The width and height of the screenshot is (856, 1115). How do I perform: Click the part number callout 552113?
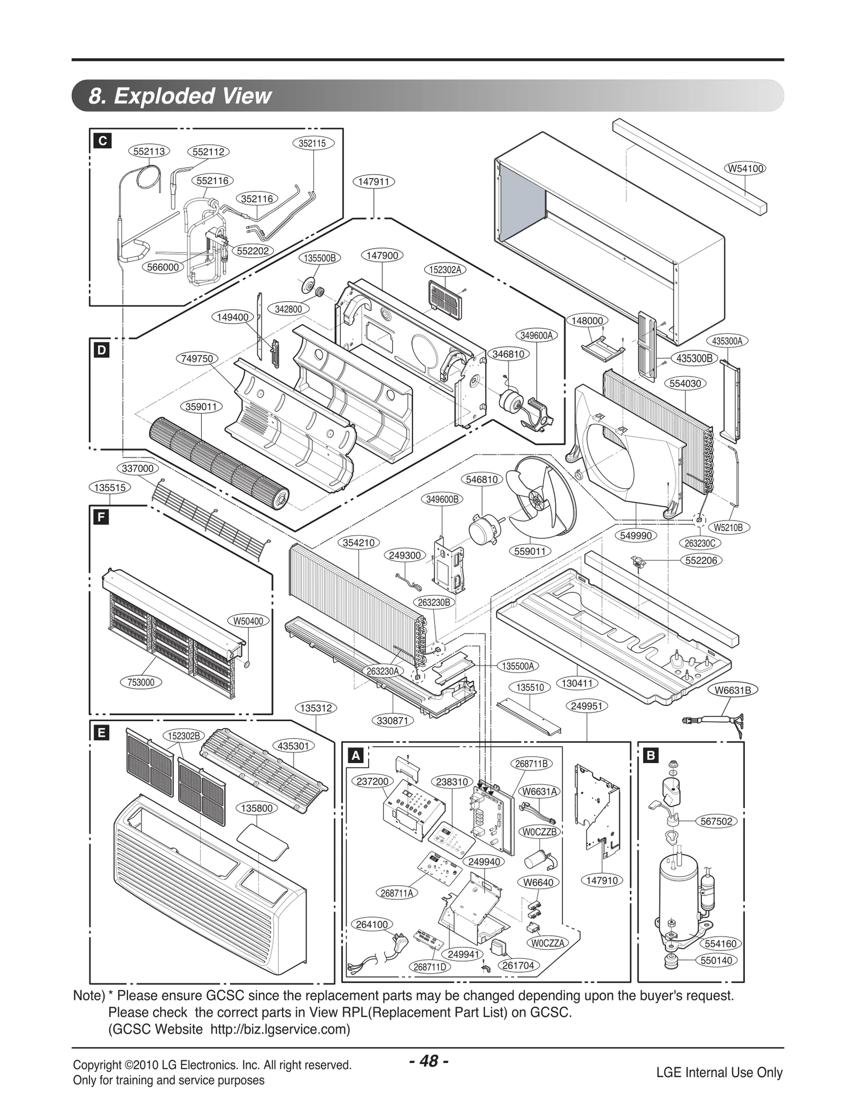pos(149,151)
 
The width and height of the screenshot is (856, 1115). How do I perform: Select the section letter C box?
pos(102,141)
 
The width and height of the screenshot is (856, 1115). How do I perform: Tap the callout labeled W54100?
pos(745,169)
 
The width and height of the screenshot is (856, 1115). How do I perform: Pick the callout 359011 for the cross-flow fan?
pos(201,407)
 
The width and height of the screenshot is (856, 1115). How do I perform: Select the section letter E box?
pos(101,734)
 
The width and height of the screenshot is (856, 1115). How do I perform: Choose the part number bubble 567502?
pos(716,821)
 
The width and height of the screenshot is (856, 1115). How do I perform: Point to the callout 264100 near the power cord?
pos(372,925)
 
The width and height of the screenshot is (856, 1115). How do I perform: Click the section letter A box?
pos(355,755)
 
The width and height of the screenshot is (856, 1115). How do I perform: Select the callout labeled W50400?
pos(248,621)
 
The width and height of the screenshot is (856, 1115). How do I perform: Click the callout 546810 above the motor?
pos(481,480)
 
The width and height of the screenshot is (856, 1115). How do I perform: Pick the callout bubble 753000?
pos(141,682)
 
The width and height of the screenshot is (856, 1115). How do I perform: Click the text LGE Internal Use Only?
pos(719,1072)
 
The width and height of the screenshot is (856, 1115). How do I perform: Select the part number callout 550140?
pos(716,960)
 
